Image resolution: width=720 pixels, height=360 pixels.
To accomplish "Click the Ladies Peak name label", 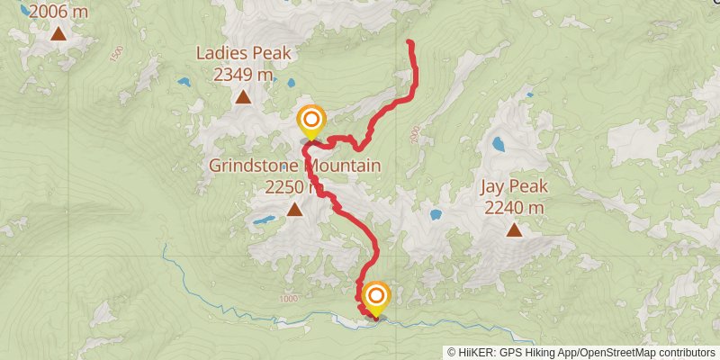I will (x=244, y=53).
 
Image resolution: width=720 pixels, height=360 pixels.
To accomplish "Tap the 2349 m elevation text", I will (x=244, y=76).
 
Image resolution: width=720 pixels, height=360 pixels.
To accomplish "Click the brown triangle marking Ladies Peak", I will (x=244, y=97).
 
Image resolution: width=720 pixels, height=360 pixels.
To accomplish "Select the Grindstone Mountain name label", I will (x=294, y=166).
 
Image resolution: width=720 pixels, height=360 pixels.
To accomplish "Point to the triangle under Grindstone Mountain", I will (x=294, y=210).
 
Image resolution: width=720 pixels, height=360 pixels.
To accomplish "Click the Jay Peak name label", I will (x=514, y=187).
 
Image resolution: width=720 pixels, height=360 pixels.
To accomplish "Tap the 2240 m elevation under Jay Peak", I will (x=514, y=208).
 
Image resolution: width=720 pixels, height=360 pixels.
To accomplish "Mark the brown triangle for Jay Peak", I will (x=514, y=230).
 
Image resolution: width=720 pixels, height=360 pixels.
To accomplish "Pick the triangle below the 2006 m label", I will (x=58, y=34).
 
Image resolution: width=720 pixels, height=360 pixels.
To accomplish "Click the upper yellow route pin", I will (x=311, y=121).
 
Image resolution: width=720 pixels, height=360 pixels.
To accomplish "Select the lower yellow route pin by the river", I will (x=376, y=297).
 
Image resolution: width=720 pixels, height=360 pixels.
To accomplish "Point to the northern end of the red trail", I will (x=410, y=42).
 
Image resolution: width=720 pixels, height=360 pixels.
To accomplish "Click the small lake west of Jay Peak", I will (x=436, y=215).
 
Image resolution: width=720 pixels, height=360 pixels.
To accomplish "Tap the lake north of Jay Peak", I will (x=498, y=143).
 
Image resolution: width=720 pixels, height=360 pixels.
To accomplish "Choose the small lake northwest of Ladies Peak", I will (x=184, y=82).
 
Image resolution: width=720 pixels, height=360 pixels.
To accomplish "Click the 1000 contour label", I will (x=289, y=299).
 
